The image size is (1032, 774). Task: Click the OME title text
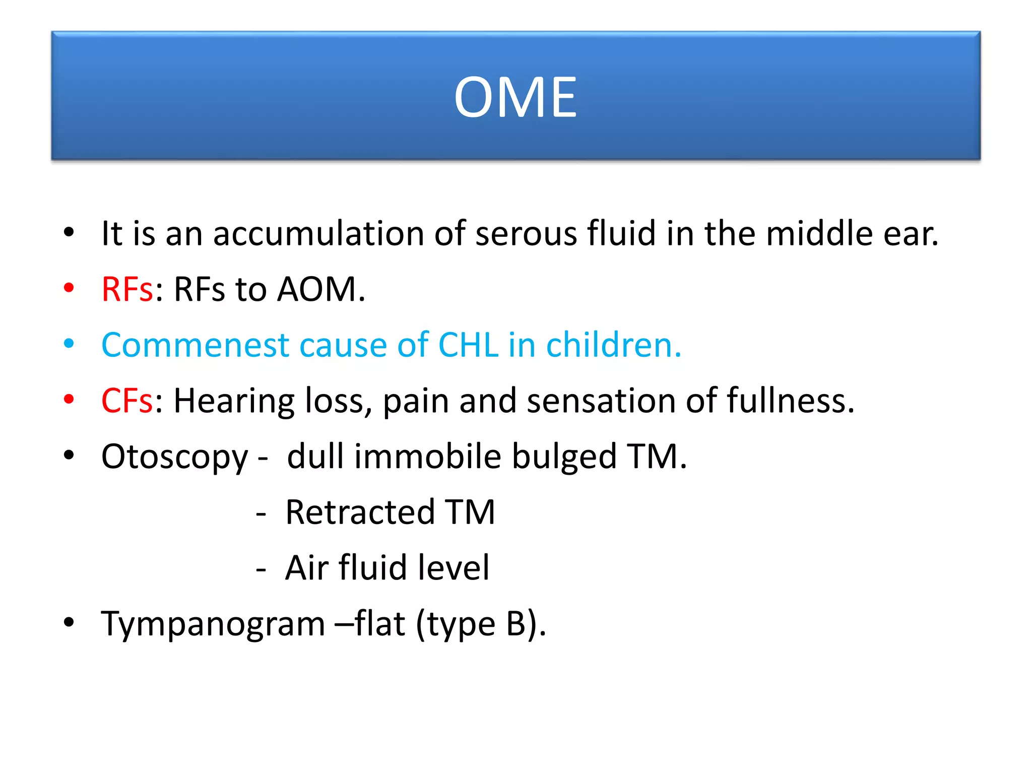click(515, 97)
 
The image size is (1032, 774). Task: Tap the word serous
click(526, 234)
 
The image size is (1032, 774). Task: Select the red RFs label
click(127, 290)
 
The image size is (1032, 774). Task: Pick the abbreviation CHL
click(469, 346)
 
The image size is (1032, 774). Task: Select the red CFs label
click(127, 401)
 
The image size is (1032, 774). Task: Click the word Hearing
click(233, 401)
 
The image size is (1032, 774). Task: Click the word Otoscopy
click(174, 457)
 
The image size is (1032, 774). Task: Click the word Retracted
click(360, 512)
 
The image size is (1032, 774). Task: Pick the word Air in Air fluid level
click(306, 568)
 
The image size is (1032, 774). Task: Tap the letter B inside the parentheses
click(516, 624)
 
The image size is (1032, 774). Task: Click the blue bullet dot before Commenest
click(69, 344)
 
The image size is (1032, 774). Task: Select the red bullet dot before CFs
click(69, 400)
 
